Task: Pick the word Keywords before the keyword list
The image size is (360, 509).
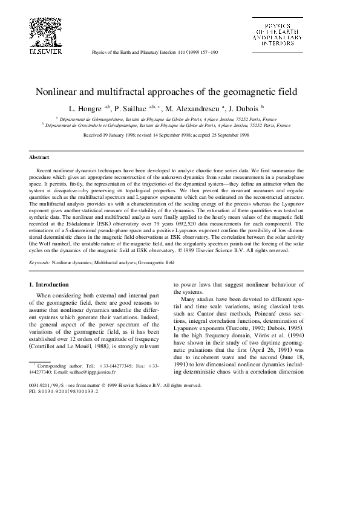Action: (x=39, y=264)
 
